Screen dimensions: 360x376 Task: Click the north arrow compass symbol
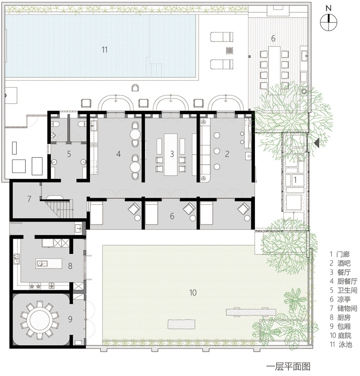(x=328, y=22)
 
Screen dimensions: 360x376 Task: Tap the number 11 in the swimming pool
(x=105, y=50)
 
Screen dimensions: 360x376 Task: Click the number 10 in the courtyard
(x=193, y=293)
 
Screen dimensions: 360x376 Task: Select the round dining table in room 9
(x=39, y=319)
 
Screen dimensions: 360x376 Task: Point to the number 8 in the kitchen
(x=70, y=266)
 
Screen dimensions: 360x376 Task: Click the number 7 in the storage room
(x=29, y=199)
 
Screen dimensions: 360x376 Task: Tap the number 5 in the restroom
(x=69, y=154)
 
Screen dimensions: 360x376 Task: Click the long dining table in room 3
(x=171, y=155)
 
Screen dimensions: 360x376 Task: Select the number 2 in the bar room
(x=227, y=154)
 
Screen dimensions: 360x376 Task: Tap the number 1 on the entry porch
(x=295, y=179)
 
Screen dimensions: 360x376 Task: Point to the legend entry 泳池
(x=345, y=344)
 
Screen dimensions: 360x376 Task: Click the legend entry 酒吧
(x=344, y=263)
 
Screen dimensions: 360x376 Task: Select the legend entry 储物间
(x=347, y=308)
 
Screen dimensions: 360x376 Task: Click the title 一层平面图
(x=288, y=366)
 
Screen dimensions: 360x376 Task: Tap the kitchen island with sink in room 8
(x=49, y=263)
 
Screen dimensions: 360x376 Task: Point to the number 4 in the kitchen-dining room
(x=118, y=154)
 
